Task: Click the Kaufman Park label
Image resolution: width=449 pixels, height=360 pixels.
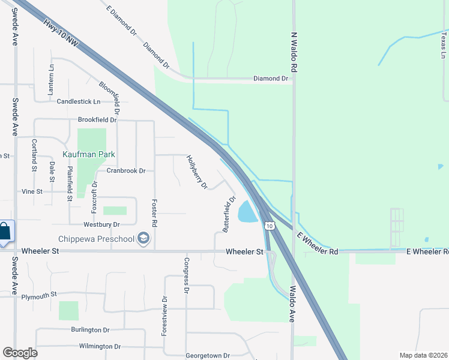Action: tap(89, 154)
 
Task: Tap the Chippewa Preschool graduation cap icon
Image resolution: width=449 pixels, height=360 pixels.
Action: tap(143, 239)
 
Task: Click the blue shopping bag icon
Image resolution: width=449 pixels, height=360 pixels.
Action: tap(5, 231)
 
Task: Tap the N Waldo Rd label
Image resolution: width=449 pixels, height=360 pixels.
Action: tap(294, 53)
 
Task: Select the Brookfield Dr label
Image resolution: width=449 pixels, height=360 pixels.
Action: tap(97, 120)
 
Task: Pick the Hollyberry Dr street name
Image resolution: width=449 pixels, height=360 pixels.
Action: tap(197, 173)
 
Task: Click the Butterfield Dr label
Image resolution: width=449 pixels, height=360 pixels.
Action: tap(229, 214)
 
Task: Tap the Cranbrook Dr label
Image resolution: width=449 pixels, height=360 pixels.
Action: tap(126, 170)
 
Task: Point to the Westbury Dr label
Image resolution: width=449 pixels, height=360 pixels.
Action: tap(102, 224)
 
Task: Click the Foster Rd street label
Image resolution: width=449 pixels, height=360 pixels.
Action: tap(154, 213)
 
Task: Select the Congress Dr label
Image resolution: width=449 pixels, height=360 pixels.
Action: tap(187, 275)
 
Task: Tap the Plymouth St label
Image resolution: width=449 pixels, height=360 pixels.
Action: tap(39, 295)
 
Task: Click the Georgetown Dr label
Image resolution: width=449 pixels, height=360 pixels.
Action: tap(207, 355)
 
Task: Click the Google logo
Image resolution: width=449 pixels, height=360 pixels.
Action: tap(20, 353)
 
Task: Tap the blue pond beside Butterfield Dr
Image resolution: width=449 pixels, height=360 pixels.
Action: tap(247, 211)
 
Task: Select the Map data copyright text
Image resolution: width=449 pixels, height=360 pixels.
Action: tap(423, 355)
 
